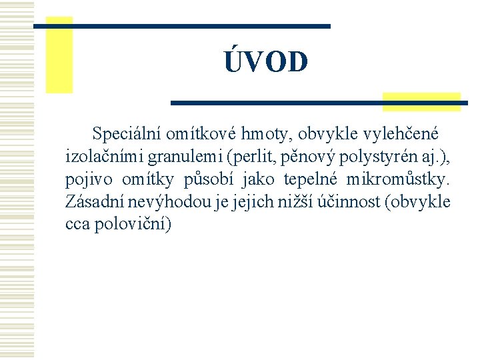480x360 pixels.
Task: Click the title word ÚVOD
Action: coord(266,61)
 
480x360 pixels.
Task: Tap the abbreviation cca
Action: coord(77,224)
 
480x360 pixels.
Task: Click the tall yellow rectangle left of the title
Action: coord(59,55)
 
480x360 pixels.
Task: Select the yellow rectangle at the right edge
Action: coord(422,101)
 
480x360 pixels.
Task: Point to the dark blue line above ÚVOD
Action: coord(182,26)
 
